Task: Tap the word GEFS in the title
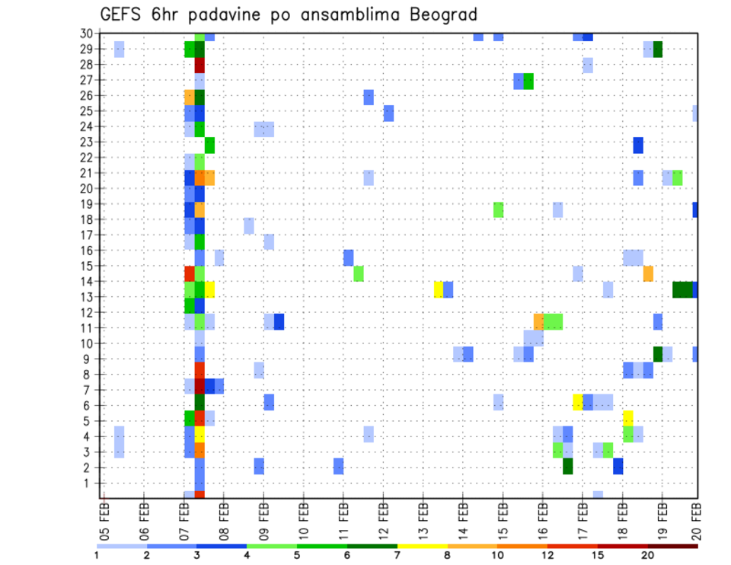point(124,14)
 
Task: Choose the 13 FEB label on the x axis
point(423,520)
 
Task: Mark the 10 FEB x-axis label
point(304,520)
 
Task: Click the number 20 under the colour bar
point(648,554)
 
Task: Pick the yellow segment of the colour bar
point(423,545)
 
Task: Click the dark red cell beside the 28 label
point(200,65)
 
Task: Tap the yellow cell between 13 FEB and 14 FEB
point(439,289)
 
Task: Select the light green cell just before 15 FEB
point(499,209)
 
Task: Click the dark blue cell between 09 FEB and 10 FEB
point(279,321)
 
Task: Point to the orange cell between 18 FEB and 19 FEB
point(648,273)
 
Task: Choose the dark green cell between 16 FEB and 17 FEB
point(568,466)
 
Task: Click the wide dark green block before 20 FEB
point(682,289)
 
